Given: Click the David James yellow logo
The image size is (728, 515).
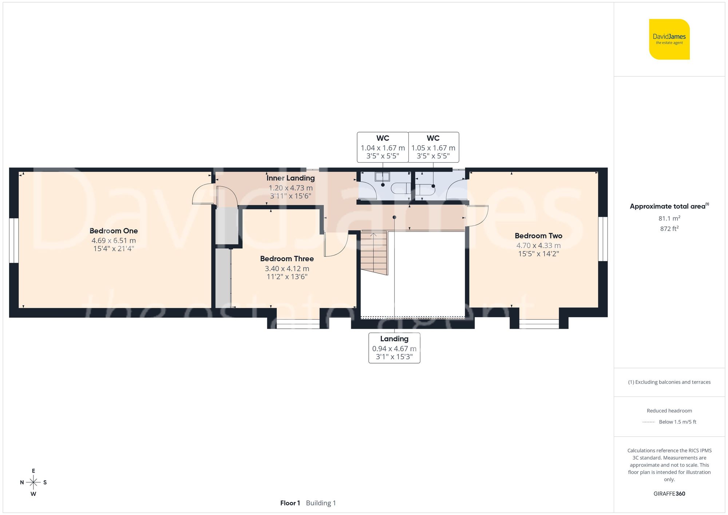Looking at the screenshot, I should (x=669, y=39).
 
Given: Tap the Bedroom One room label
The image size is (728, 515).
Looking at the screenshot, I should (x=114, y=231).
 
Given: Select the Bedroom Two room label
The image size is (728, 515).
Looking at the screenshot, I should (x=538, y=236).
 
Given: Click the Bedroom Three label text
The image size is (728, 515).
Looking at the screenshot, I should (x=287, y=259).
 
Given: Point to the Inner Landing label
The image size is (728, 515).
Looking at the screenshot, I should (x=290, y=178).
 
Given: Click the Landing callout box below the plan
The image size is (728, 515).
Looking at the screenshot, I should (x=394, y=348).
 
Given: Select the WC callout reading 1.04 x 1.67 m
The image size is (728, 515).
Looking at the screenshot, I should (x=383, y=147).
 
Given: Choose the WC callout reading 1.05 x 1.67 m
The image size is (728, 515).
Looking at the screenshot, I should (x=433, y=147).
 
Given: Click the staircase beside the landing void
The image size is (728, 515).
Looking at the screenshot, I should (x=374, y=253).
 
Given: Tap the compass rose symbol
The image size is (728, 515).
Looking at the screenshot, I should (x=33, y=483).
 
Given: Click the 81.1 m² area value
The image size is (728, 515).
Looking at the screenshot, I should (x=669, y=218).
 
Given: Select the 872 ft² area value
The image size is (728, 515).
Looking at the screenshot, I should (x=669, y=229).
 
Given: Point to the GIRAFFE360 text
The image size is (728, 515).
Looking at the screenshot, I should (x=669, y=494).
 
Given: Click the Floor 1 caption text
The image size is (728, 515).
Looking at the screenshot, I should (x=290, y=503).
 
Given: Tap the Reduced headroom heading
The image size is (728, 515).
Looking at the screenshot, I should (x=669, y=411).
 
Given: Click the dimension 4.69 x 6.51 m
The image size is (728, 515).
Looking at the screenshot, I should (x=114, y=241).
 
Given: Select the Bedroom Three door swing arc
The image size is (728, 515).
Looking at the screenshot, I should (x=337, y=246).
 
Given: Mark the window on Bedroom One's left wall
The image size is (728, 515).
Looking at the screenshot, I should (x=14, y=240).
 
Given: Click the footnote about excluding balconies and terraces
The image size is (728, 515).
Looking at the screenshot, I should (x=669, y=382).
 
